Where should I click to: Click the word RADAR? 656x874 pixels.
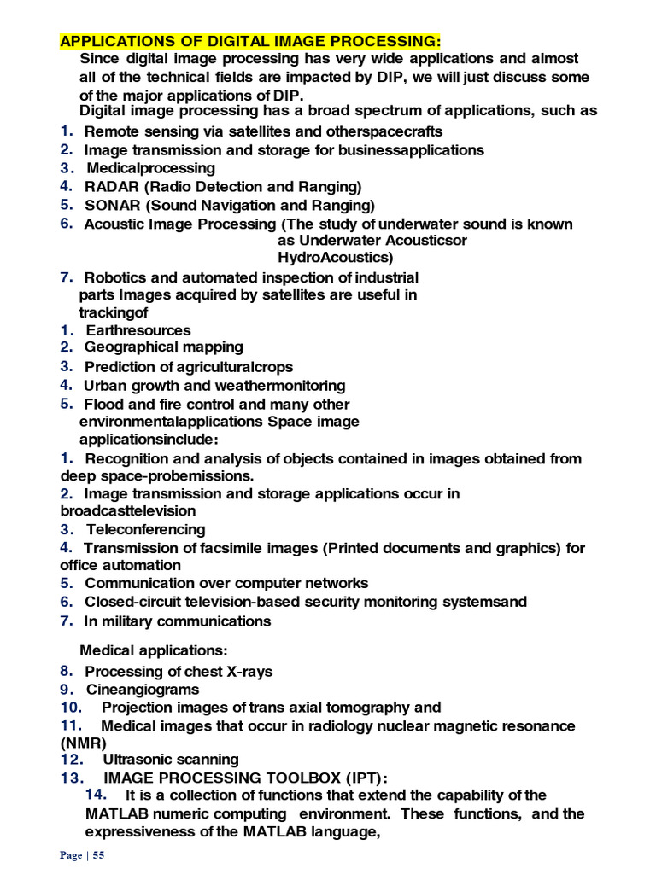click(109, 186)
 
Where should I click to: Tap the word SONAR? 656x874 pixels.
click(110, 205)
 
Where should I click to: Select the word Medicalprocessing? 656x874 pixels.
click(150, 168)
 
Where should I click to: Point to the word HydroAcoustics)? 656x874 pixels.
click(336, 257)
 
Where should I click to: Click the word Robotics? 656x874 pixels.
click(117, 277)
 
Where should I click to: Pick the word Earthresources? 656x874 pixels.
click(138, 330)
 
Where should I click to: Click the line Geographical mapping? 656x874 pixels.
click(163, 347)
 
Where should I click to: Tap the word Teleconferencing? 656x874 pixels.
click(144, 529)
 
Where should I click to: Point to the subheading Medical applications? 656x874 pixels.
click(155, 651)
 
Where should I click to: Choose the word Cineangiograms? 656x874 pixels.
click(142, 689)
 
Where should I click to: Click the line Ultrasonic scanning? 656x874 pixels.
click(171, 760)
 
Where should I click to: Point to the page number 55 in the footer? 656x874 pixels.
click(97, 856)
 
